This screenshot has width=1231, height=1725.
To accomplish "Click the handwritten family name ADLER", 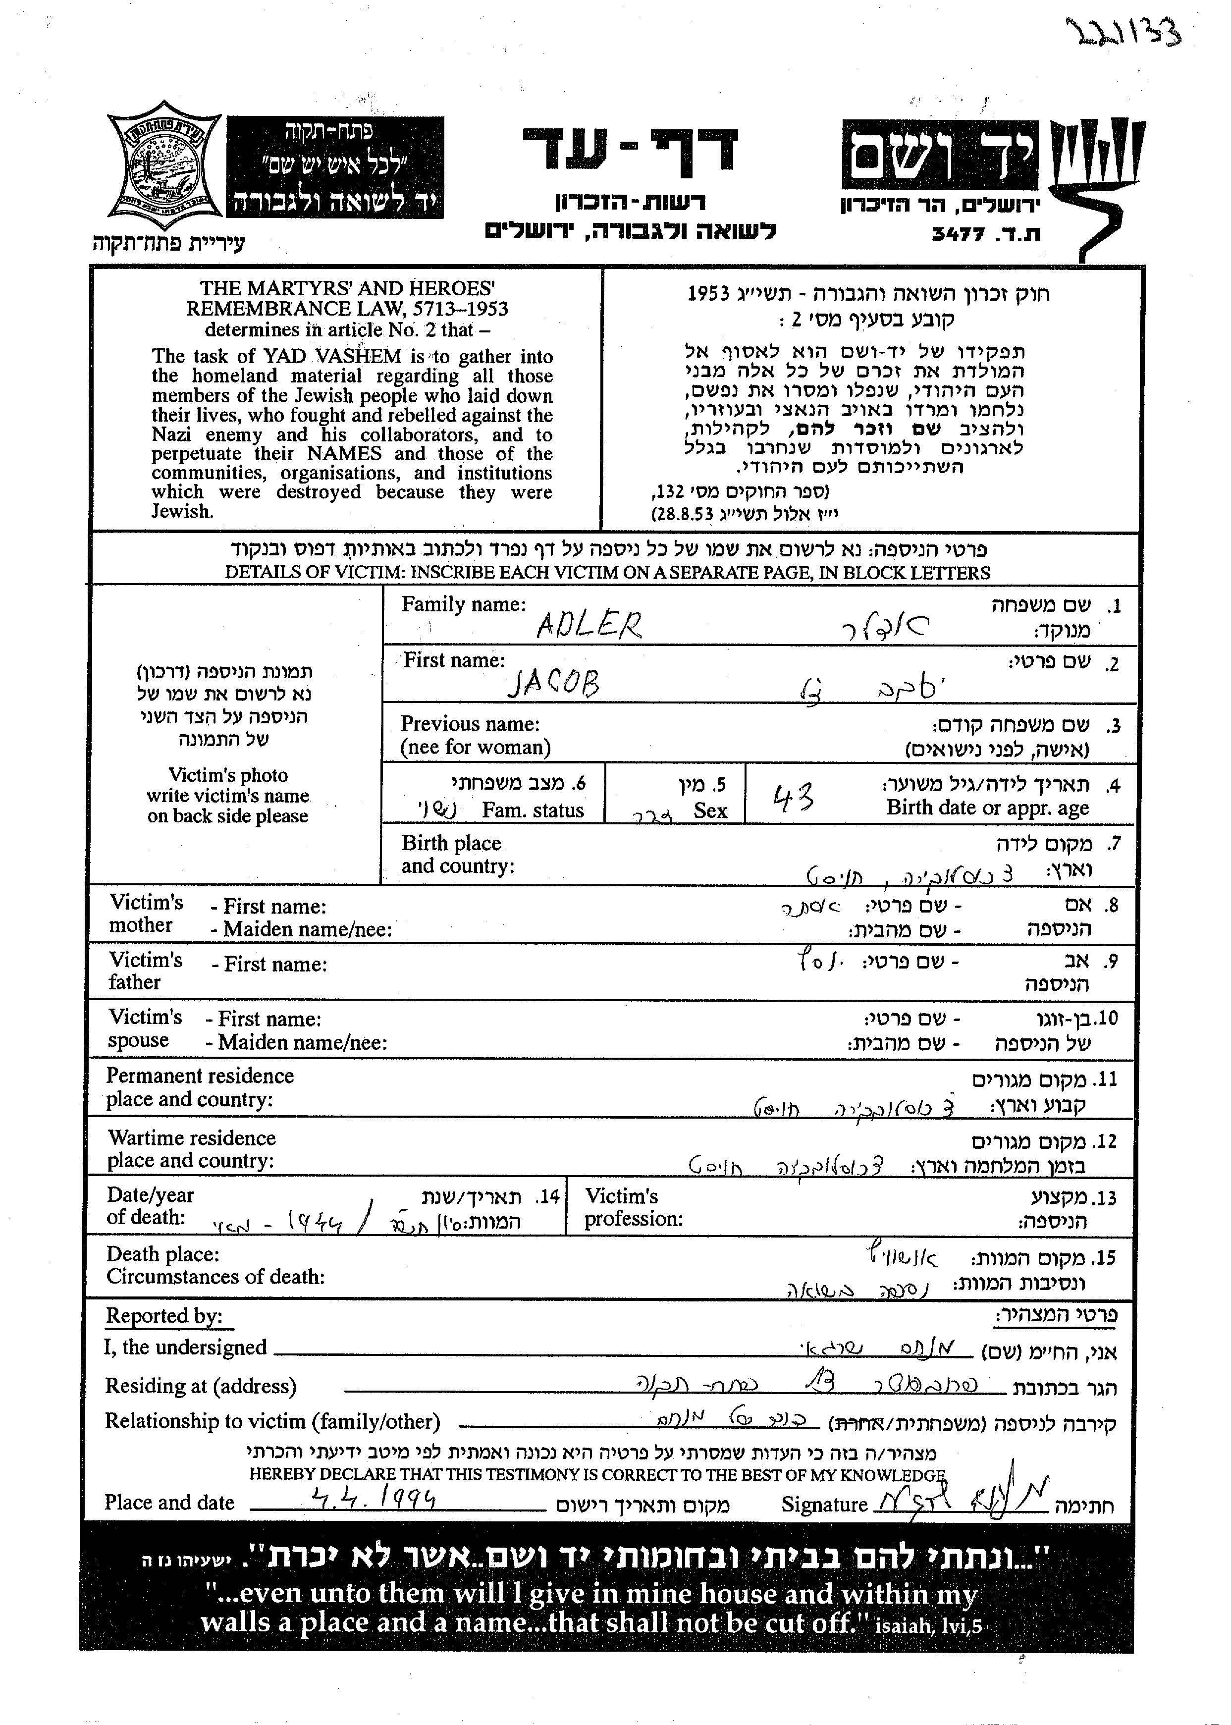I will [x=589, y=625].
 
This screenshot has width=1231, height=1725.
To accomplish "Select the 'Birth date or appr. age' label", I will [x=987, y=808].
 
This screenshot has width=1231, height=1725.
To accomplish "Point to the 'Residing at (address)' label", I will [x=200, y=1386].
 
